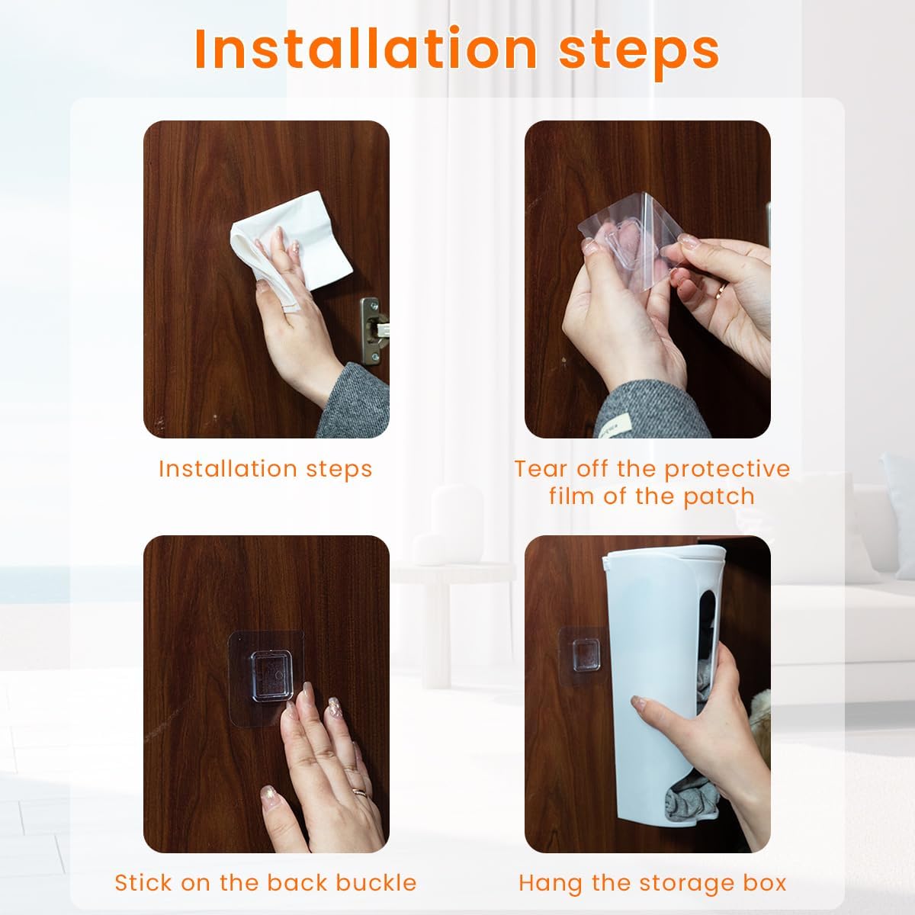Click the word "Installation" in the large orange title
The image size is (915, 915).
(366, 50)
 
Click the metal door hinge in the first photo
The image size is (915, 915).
(372, 330)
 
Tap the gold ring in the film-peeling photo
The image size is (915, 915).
(721, 289)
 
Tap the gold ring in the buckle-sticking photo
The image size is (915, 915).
(359, 792)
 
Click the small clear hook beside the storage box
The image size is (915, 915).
(586, 652)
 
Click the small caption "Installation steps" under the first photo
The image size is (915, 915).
(265, 470)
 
